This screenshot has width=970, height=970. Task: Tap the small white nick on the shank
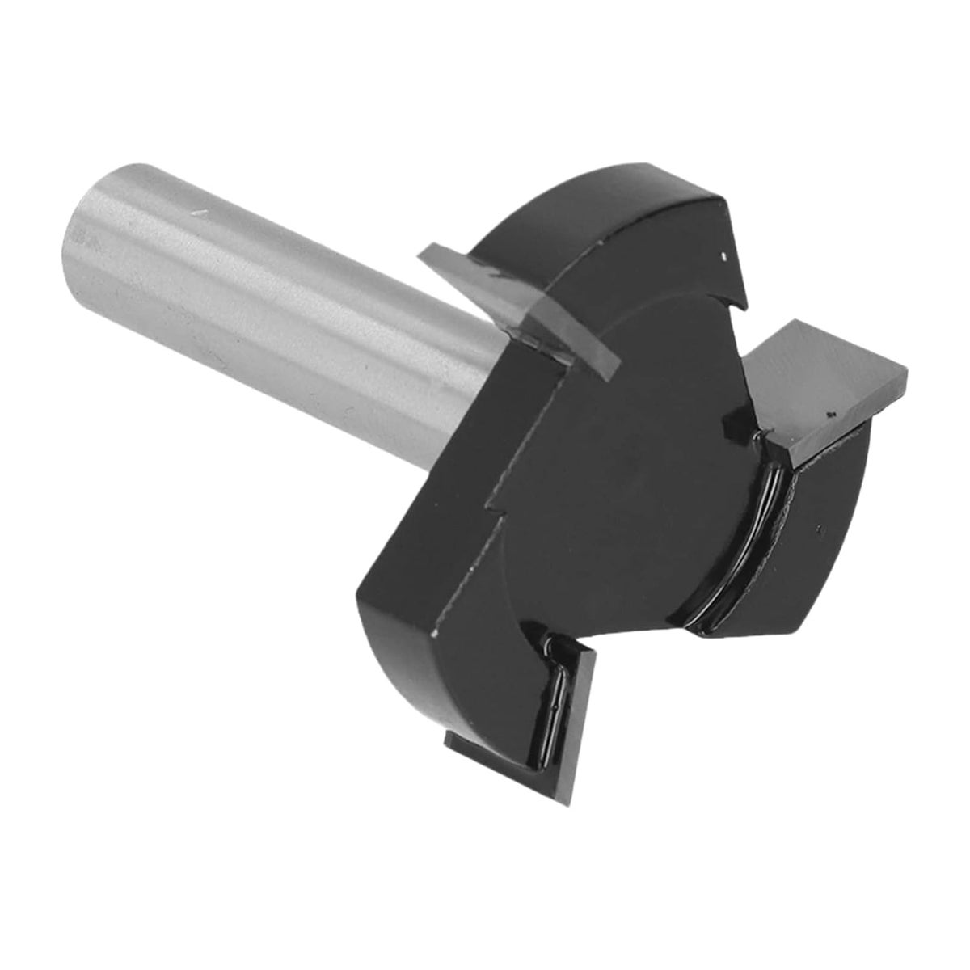(x=197, y=213)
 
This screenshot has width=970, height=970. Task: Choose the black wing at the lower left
(x=420, y=590)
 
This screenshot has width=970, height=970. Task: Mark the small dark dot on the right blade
(x=830, y=416)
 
